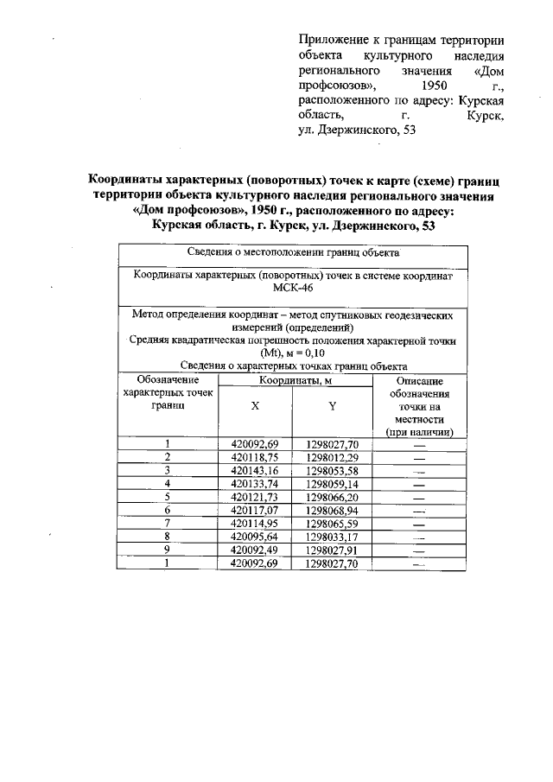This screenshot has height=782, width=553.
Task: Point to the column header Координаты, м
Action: (295, 381)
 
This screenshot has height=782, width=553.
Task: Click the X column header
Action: (254, 406)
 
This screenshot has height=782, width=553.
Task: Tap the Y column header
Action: (332, 406)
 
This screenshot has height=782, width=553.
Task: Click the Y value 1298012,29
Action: (332, 457)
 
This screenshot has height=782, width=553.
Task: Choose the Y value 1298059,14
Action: (332, 485)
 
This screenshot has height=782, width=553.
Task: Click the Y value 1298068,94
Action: (332, 512)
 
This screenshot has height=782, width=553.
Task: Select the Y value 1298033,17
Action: (332, 538)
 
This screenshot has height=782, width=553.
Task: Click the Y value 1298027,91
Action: (332, 551)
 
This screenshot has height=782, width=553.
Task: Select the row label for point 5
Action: (167, 499)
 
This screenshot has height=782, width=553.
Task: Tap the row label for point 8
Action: (167, 538)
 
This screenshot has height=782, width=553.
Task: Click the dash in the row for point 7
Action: (419, 525)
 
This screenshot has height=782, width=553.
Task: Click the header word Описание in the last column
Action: (419, 381)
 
